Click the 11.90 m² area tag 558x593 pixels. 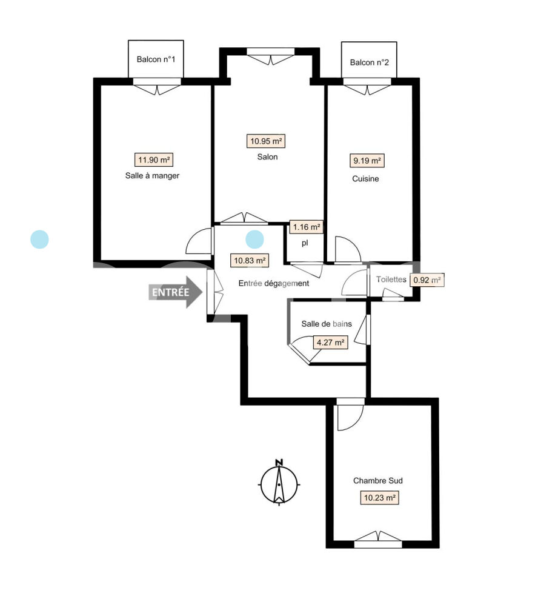[x=154, y=160]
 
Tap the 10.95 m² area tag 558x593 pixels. [x=266, y=141]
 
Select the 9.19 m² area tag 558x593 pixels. [x=367, y=161]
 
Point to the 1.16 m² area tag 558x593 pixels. [x=307, y=227]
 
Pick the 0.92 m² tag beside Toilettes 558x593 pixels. [x=427, y=280]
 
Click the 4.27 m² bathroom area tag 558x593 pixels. [x=330, y=343]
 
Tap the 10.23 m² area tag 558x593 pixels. [x=379, y=498]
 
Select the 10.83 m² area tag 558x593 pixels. [x=250, y=261]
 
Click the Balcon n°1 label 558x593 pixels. [x=156, y=59]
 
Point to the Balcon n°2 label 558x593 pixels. [x=369, y=62]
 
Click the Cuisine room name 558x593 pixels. [x=365, y=179]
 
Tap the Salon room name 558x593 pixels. [x=267, y=157]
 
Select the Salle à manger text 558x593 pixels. [x=152, y=176]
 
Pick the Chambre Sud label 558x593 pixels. [x=378, y=481]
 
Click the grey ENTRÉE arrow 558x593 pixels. [x=175, y=292]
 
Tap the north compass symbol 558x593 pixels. [x=279, y=483]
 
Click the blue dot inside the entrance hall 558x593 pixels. [x=254, y=240]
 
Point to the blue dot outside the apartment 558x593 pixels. [x=39, y=240]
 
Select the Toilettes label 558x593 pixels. [x=391, y=280]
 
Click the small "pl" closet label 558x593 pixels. [x=305, y=243]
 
